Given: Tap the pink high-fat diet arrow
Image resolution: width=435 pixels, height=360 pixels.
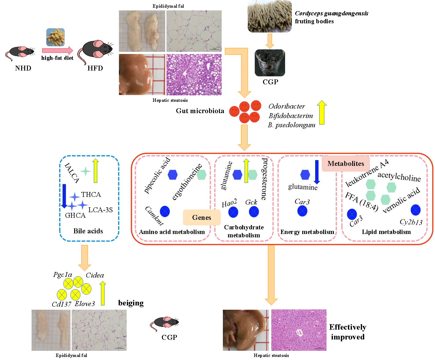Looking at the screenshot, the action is pyautogui.click(x=58, y=50).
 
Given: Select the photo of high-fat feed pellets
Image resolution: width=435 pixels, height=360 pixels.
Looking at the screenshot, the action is pyautogui.click(x=55, y=37).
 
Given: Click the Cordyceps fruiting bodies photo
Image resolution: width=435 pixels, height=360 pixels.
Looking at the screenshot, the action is pyautogui.click(x=269, y=16).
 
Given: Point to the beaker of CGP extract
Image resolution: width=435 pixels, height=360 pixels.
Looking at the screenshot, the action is pyautogui.click(x=270, y=63).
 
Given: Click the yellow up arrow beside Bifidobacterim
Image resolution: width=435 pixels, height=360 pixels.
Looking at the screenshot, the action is pyautogui.click(x=322, y=112).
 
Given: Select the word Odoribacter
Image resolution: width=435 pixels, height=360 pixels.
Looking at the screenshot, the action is pyautogui.click(x=286, y=106).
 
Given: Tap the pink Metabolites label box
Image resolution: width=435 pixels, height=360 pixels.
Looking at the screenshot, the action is pyautogui.click(x=345, y=163).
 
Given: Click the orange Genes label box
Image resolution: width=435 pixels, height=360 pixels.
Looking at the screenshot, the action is pyautogui.click(x=201, y=217).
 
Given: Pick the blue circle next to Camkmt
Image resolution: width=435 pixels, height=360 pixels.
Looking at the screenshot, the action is pyautogui.click(x=165, y=211).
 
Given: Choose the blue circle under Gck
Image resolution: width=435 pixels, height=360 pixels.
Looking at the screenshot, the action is pyautogui.click(x=254, y=212).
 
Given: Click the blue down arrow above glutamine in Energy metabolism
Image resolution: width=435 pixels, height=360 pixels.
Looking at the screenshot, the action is pyautogui.click(x=317, y=172).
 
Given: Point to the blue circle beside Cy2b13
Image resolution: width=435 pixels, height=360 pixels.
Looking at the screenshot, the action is pyautogui.click(x=415, y=210).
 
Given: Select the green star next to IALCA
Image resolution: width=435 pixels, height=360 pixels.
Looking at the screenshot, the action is pyautogui.click(x=86, y=171).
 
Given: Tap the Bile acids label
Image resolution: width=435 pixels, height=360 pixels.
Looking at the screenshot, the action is pyautogui.click(x=88, y=231).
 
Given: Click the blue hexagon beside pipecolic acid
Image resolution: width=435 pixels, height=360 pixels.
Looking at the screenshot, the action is pyautogui.click(x=173, y=175).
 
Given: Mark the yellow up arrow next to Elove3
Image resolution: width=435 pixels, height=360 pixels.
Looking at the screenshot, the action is pyautogui.click(x=102, y=293).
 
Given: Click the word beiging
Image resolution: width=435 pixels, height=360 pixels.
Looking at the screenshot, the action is pyautogui.click(x=131, y=303).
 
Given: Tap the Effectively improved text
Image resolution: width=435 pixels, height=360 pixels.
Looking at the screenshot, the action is pyautogui.click(x=348, y=332).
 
